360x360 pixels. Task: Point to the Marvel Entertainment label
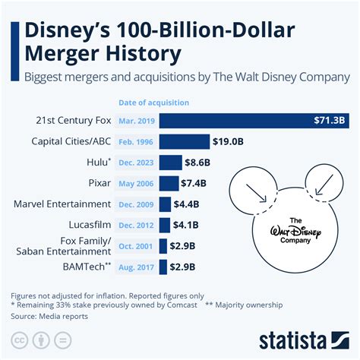pos(62,204)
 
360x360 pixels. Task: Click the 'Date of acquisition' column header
pos(153,103)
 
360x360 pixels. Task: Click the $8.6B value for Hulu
pos(194,163)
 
